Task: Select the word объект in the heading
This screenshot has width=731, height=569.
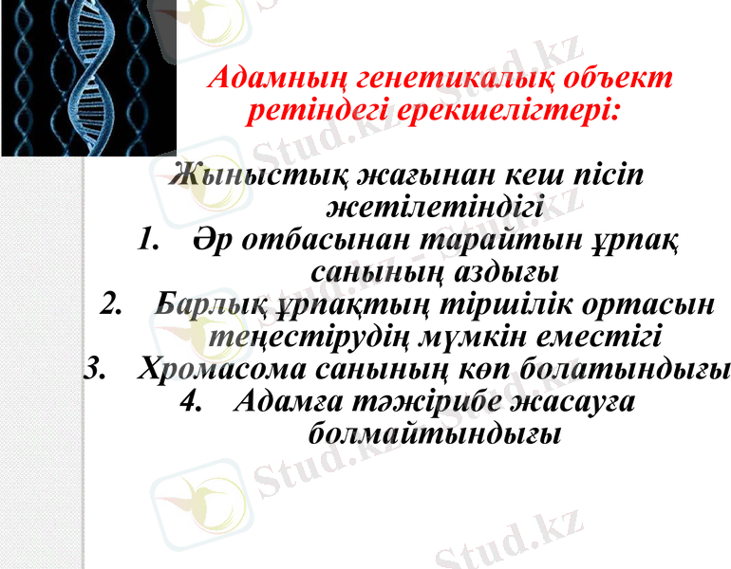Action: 621,79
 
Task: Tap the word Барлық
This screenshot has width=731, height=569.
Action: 205,305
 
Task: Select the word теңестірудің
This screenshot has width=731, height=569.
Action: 303,338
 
